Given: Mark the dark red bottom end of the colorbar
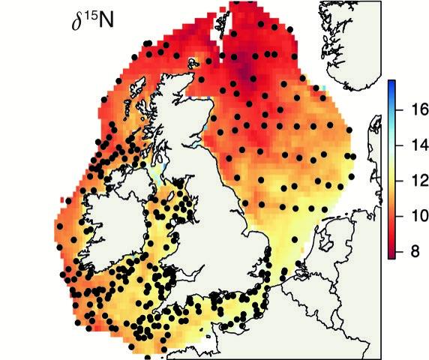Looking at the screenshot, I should pyautogui.click(x=391, y=255).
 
